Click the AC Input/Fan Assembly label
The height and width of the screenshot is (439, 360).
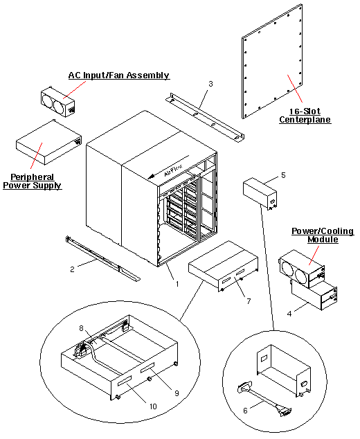tap(118, 75)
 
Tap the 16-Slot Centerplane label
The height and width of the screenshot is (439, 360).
tap(305, 115)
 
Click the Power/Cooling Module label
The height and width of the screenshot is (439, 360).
tap(322, 235)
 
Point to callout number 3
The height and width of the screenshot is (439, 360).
tap(210, 84)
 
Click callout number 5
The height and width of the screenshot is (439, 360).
tap(282, 175)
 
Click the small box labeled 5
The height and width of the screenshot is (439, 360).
tap(260, 192)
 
